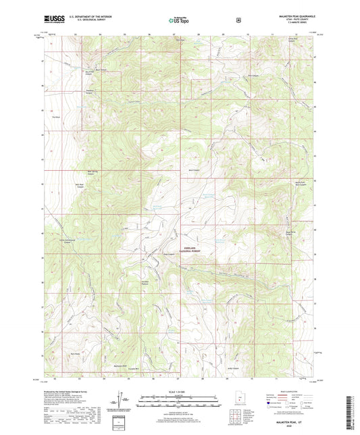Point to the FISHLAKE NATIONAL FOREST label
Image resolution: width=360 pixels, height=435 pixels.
tap(189, 249)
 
